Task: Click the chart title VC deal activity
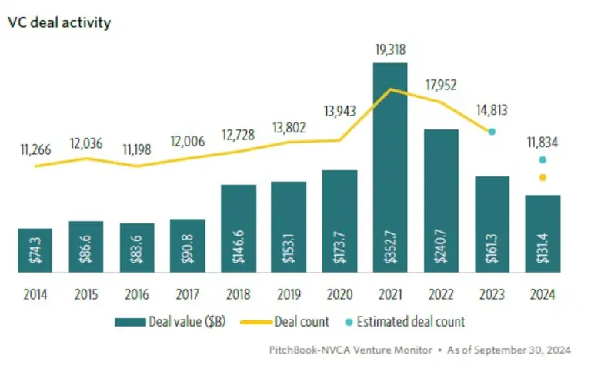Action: coord(59,22)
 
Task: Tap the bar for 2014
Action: coord(35,250)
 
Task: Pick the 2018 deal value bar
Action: coord(239,229)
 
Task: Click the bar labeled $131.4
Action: coord(543,234)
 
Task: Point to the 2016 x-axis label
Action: coord(137,293)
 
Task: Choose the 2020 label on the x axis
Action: coord(339,293)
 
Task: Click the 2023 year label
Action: coord(492,293)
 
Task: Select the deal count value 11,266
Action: coord(35,149)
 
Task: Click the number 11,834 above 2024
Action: coord(543,142)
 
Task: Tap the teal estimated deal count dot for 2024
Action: coord(543,160)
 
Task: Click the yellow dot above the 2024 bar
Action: coord(543,178)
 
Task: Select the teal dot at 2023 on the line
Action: coord(492,132)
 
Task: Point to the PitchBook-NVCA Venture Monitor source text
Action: coord(351,350)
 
